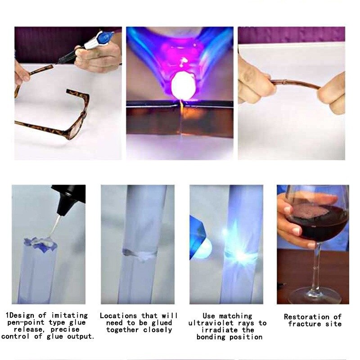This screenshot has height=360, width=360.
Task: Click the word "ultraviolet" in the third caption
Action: point(209,323)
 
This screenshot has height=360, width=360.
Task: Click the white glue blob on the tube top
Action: point(45,243)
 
